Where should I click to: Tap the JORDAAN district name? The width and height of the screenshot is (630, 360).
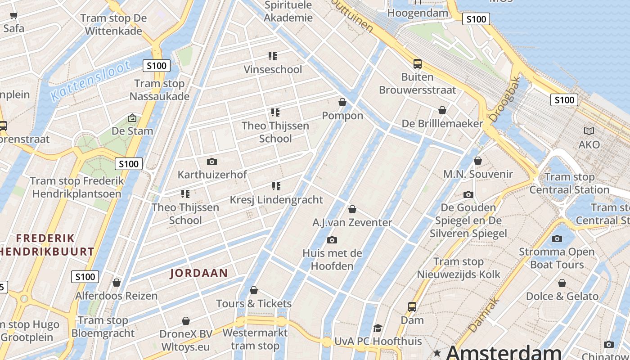pos(199,273)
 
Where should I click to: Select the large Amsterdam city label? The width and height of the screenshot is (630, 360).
pos(504,352)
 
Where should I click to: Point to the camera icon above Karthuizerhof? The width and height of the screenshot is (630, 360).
pos(211,162)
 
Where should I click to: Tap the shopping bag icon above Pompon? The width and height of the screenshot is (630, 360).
pos(342,102)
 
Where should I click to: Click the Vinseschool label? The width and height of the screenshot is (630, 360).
pos(273,69)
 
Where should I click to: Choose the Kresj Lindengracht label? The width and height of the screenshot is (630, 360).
pos(276,199)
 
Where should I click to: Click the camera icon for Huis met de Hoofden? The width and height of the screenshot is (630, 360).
pos(332,240)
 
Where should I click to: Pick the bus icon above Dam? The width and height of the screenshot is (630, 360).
pos(412,307)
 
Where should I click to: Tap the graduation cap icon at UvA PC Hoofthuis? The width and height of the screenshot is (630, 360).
pos(378,328)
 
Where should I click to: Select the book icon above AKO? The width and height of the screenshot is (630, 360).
pos(589,131)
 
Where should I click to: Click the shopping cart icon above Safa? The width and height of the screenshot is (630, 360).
pos(14,16)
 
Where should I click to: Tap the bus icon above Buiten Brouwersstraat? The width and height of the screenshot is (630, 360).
pos(418,64)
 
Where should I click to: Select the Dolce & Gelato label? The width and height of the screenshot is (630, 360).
pos(562,296)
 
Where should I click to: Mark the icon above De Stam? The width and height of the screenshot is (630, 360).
pos(132,118)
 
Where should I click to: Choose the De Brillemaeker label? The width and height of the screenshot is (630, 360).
pos(442,123)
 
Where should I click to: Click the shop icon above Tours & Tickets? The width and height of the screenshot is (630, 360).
pos(254,290)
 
